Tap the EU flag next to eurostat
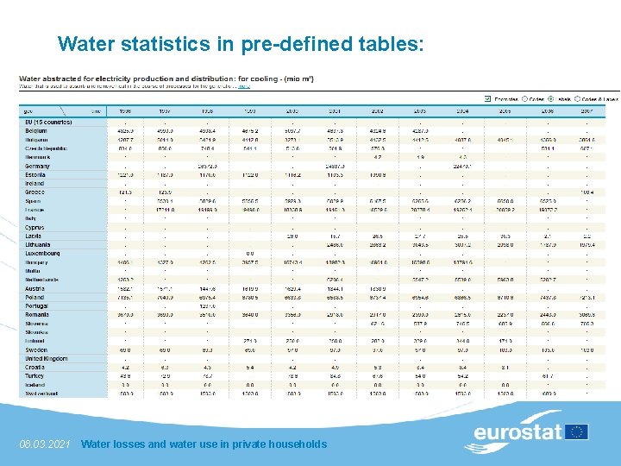point(576,431)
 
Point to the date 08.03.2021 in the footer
point(44,444)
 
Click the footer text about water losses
point(204,444)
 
